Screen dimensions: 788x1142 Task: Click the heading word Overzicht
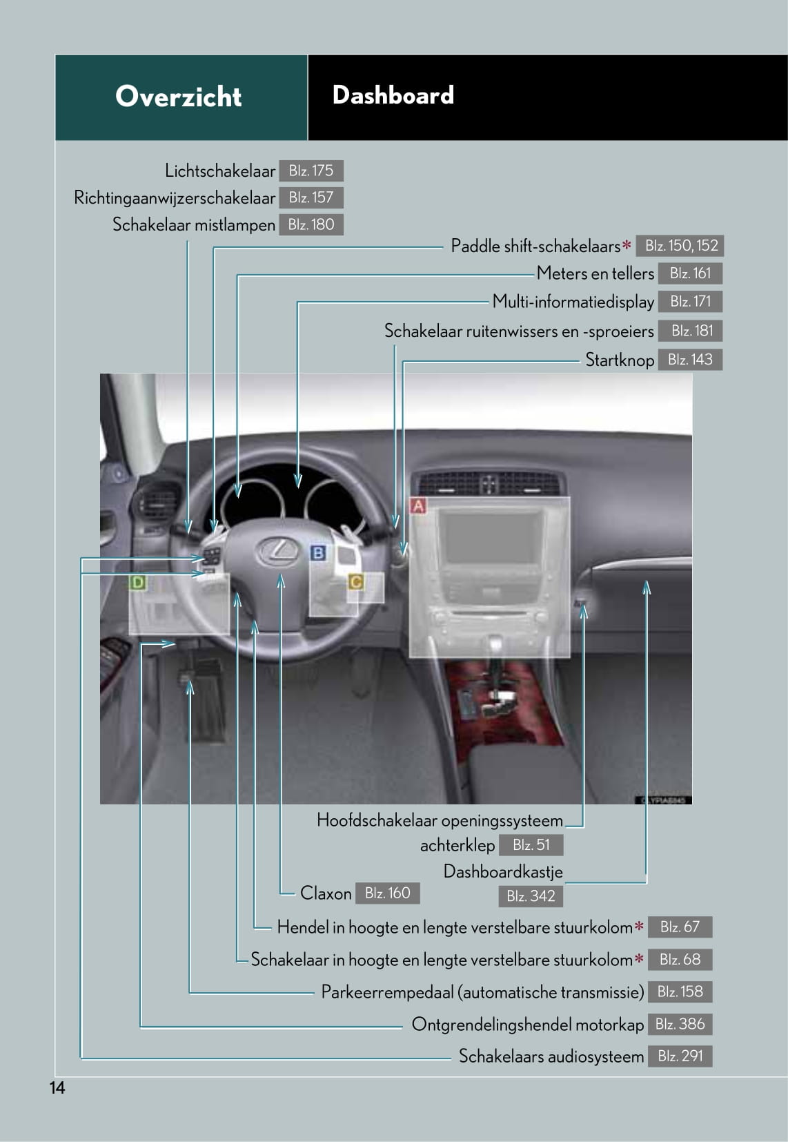pos(178,97)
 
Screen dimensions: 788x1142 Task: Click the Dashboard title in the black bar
pos(393,95)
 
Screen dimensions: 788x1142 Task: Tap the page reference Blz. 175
pos(311,171)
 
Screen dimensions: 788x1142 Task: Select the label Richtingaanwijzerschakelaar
pos(175,197)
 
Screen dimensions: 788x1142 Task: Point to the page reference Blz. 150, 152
pos(680,246)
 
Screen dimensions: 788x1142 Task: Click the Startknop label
pos(620,360)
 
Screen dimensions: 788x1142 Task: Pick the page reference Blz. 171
pos(690,301)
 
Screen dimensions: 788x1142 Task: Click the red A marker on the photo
pos(418,506)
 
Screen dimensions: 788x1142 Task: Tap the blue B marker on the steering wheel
pos(318,552)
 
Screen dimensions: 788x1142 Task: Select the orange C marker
pos(355,582)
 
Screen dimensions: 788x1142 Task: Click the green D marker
pos(138,582)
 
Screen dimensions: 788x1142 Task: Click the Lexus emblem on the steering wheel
pos(277,551)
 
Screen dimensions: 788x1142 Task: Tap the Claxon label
pos(326,893)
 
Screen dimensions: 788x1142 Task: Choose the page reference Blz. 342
pos(531,896)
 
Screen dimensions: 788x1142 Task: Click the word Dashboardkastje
pos(503,871)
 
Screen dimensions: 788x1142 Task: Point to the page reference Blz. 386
pos(680,1024)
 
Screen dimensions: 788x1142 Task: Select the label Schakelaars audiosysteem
pos(551,1056)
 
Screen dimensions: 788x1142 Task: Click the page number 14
pos(57,1088)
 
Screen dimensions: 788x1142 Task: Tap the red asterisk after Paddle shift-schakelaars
pos(627,245)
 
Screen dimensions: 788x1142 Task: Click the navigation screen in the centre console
pos(491,539)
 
